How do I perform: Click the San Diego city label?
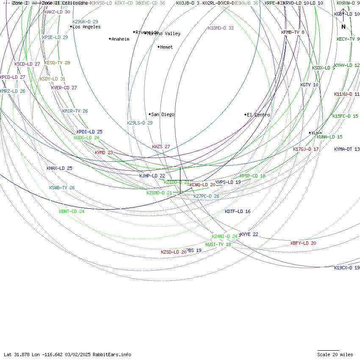(163, 114)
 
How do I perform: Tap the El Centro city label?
(259, 115)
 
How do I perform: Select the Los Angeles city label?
(86, 27)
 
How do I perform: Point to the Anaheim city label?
(120, 39)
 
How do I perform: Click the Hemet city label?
(166, 47)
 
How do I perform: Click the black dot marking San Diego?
(150, 114)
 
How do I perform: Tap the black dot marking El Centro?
(245, 114)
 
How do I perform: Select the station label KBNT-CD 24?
(72, 211)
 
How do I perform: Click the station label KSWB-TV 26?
(62, 188)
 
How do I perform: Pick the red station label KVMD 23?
(104, 152)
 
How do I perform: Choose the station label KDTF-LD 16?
(238, 211)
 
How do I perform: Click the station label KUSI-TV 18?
(218, 244)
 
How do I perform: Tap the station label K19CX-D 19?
(347, 268)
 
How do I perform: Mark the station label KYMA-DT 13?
(347, 149)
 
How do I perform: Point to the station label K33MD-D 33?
(221, 28)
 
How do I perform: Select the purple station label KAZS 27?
(161, 147)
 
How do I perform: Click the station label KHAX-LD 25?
(59, 168)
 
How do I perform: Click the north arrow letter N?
(343, 27)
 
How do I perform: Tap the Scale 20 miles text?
(335, 354)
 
